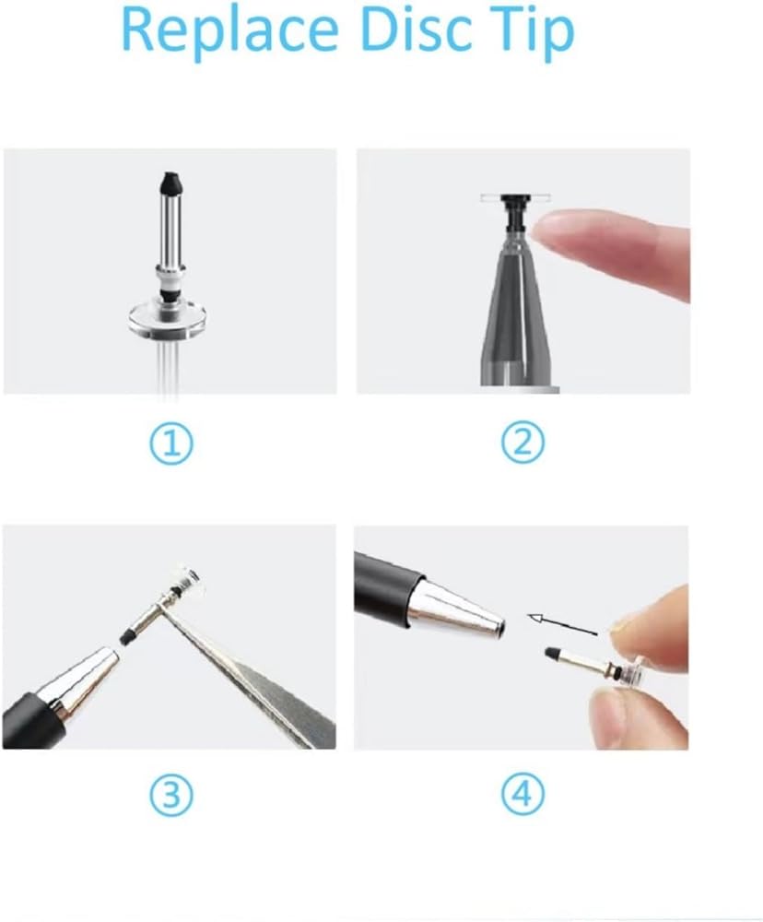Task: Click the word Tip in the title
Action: (529, 31)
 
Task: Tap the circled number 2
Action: (522, 443)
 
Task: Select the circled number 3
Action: (170, 795)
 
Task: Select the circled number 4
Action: (522, 794)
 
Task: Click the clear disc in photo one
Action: (168, 320)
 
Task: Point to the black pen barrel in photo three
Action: (32, 722)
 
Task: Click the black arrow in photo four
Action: (562, 625)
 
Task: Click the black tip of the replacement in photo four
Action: (551, 654)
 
